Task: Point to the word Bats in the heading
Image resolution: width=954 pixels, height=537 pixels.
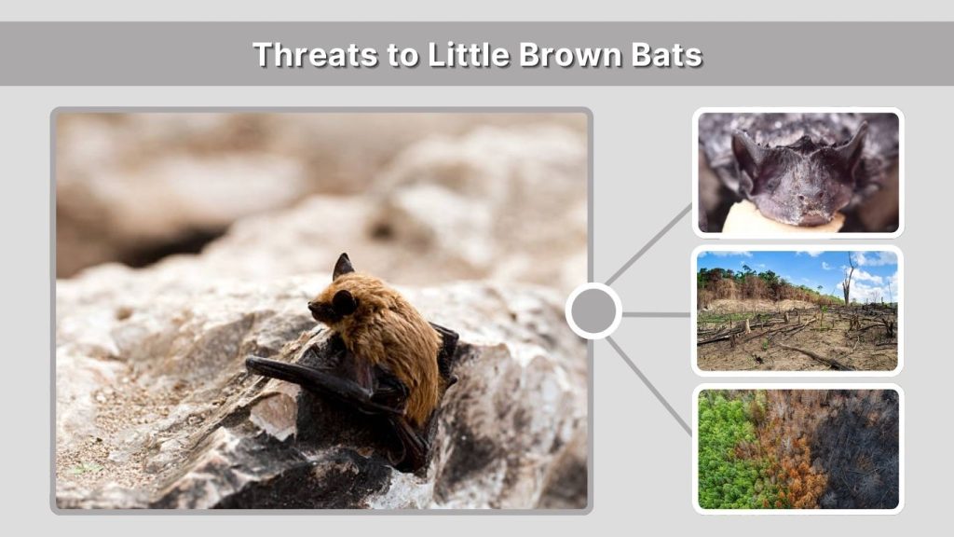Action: pos(665,54)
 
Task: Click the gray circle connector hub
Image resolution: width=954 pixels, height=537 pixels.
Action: pos(593,311)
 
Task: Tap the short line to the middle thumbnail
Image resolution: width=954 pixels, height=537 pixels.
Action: pos(656,314)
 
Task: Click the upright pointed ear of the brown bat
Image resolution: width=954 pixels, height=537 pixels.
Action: pos(343,266)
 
